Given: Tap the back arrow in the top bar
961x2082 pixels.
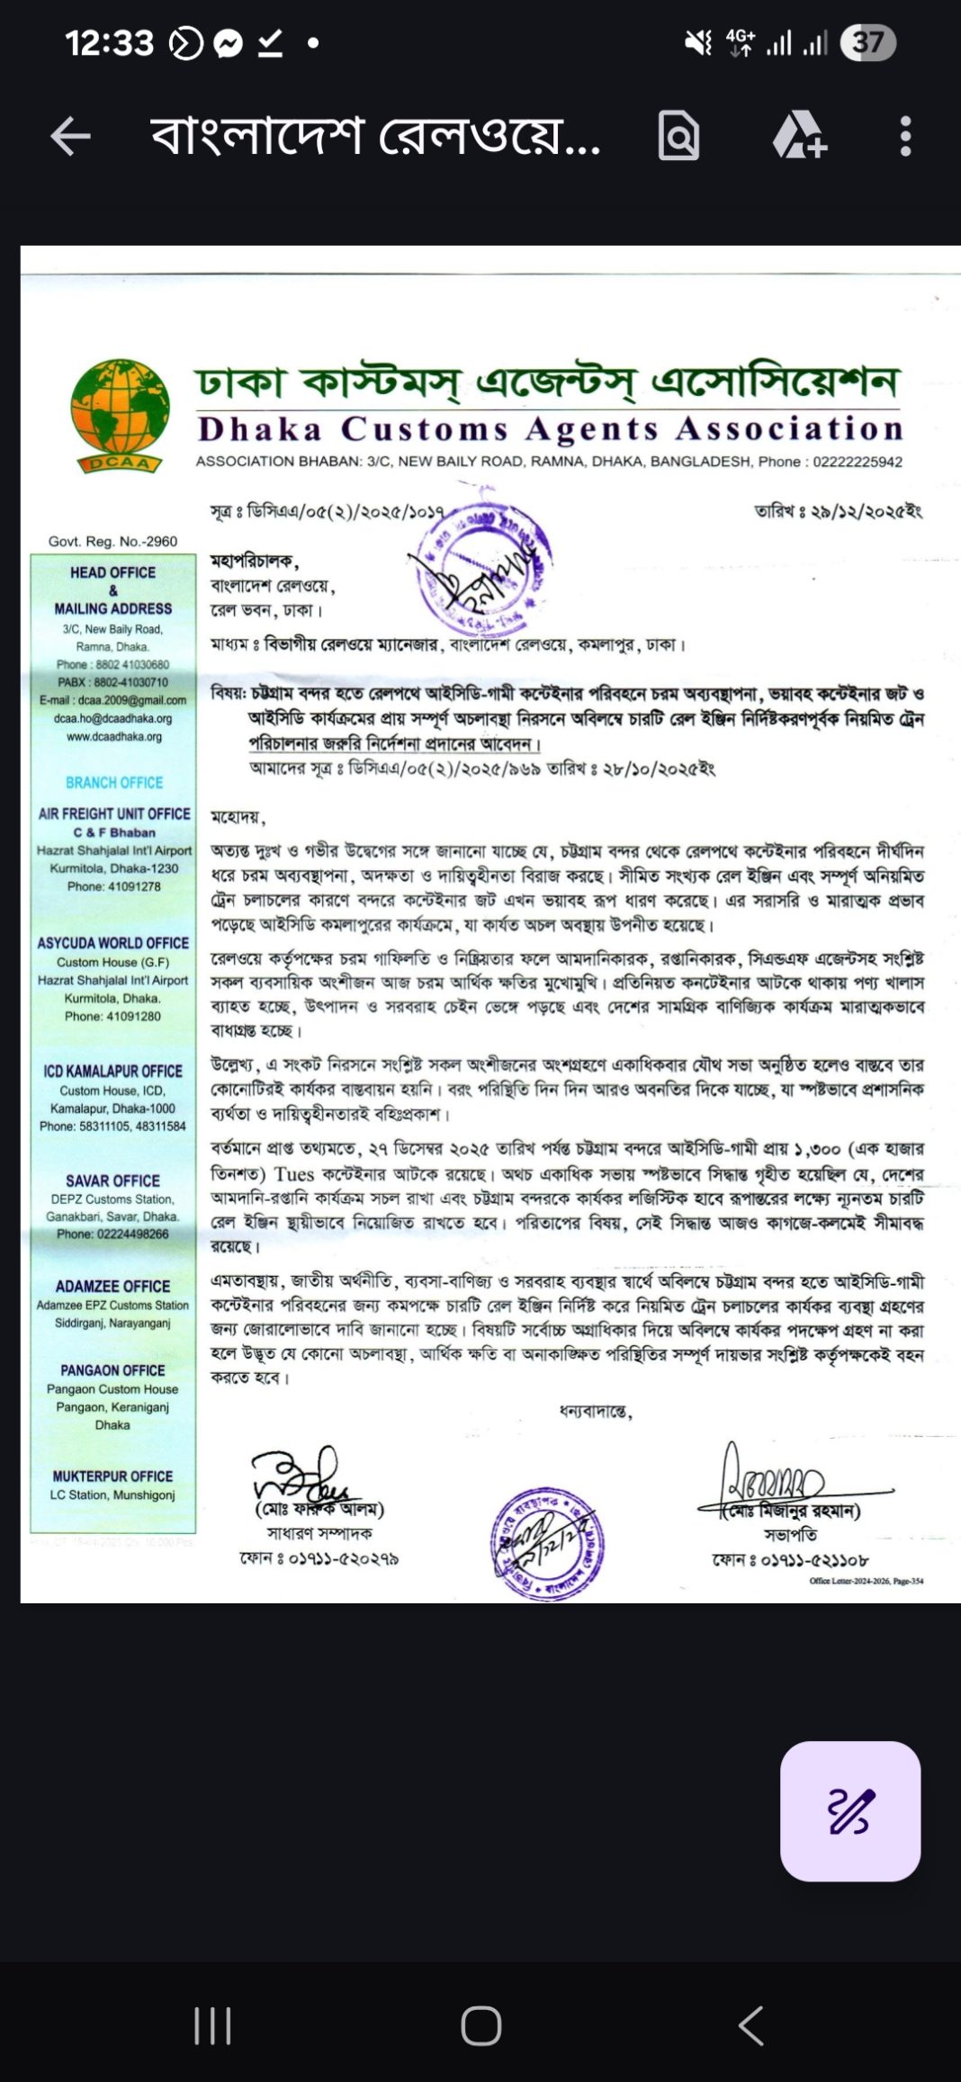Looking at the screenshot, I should (70, 137).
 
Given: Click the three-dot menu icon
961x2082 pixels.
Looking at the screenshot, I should (905, 137).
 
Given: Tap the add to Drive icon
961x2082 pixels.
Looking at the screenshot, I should (799, 137).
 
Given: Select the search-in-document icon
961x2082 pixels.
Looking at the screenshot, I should (678, 137).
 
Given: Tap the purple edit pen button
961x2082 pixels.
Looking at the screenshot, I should (849, 1810).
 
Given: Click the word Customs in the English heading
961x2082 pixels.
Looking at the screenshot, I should (425, 429).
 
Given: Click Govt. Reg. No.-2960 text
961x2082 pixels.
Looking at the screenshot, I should (112, 542).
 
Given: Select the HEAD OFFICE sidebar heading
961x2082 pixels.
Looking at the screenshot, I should (112, 573).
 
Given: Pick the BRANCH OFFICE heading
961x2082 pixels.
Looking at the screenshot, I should (114, 783).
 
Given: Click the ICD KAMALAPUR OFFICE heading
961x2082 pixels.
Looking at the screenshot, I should (112, 1072).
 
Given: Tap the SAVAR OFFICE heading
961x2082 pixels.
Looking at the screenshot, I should (112, 1181).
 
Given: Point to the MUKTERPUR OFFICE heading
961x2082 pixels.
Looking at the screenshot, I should (112, 1476).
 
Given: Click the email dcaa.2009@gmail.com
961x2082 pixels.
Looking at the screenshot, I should (112, 700).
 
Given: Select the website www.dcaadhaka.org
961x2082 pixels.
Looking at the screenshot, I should (113, 737).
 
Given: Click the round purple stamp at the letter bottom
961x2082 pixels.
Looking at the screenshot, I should (547, 1543).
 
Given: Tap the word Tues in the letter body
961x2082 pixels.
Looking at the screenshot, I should (294, 1174).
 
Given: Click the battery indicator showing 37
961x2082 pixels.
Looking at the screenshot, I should (867, 42).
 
